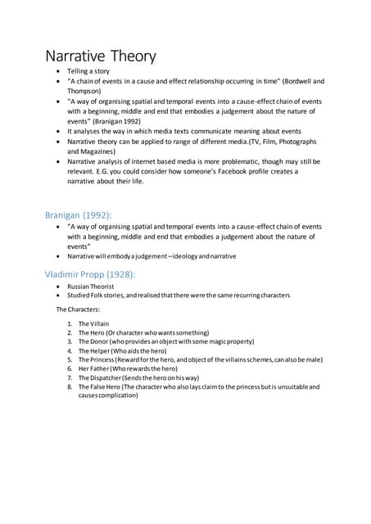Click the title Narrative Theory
(x=99, y=56)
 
